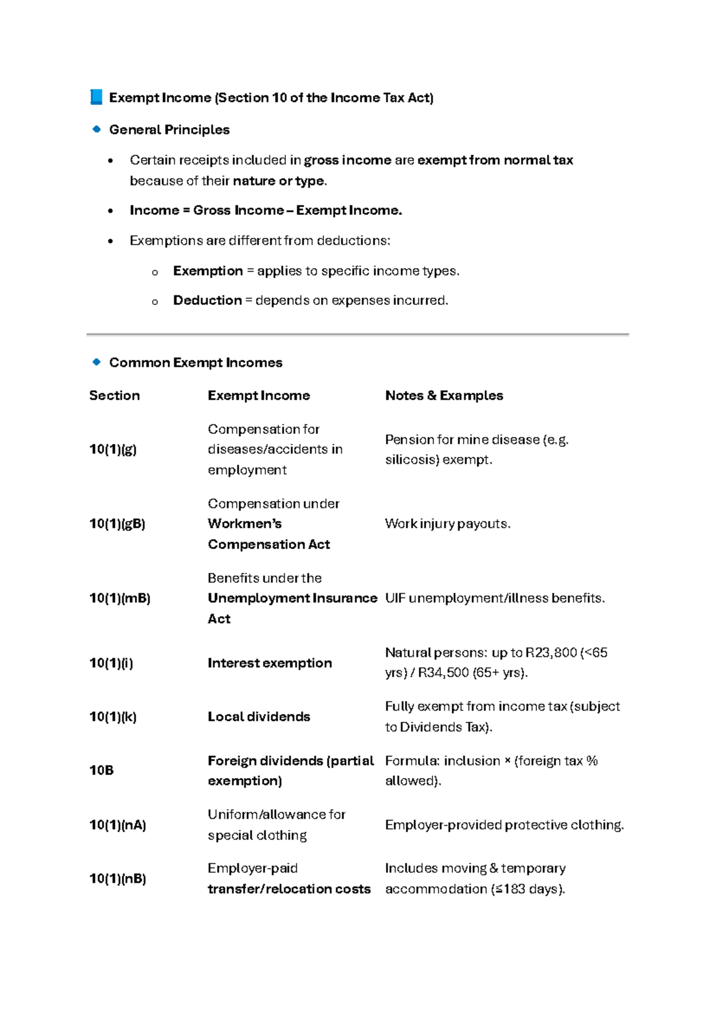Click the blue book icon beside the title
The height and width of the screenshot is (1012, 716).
pos(96,97)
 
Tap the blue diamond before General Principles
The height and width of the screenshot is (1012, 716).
pos(97,129)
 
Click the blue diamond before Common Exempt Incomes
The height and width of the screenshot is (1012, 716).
pos(97,362)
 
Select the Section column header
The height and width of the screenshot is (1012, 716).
pos(115,396)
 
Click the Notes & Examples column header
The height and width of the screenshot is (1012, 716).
pos(444,396)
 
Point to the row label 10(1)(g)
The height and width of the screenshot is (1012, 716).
pos(113,449)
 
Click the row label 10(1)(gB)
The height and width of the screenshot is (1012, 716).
pos(117,524)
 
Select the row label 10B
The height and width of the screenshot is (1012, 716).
pos(101,770)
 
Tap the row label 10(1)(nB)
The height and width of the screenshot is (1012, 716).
pos(118,878)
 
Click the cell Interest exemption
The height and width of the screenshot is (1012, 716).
pos(270,663)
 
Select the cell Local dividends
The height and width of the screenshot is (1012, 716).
pos(259,717)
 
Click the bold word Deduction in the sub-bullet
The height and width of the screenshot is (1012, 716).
pos(207,300)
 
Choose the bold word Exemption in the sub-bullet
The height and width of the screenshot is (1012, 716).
pos(208,271)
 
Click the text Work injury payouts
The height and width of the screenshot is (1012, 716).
pos(447,524)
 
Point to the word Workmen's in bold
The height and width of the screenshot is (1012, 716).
pos(245,524)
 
